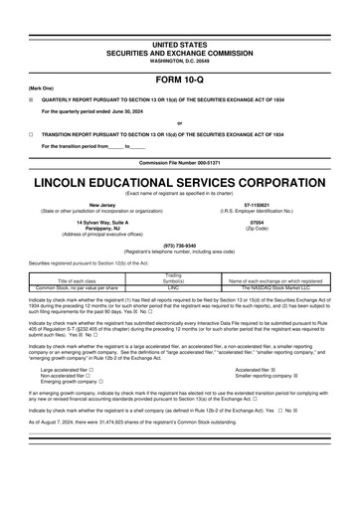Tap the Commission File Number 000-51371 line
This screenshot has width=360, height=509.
point(179,161)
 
